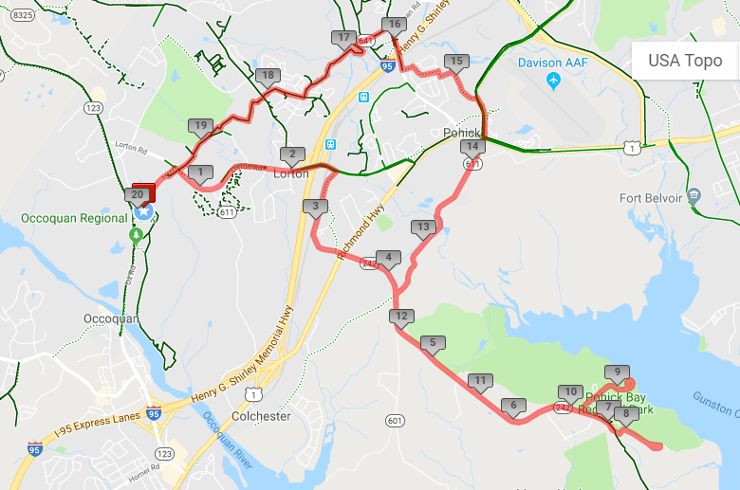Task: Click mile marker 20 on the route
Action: (138, 195)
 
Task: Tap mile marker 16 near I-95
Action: (395, 25)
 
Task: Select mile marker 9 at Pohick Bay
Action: (618, 372)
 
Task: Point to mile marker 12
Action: (401, 317)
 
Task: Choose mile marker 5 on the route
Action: (433, 343)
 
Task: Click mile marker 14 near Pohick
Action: (472, 147)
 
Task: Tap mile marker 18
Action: (268, 76)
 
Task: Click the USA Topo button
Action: (685, 61)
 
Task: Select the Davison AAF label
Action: (553, 63)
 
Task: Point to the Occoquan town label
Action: (112, 318)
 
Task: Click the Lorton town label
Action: (291, 174)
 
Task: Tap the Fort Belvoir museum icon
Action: (694, 195)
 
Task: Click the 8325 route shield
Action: (24, 15)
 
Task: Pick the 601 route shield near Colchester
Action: (395, 420)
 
